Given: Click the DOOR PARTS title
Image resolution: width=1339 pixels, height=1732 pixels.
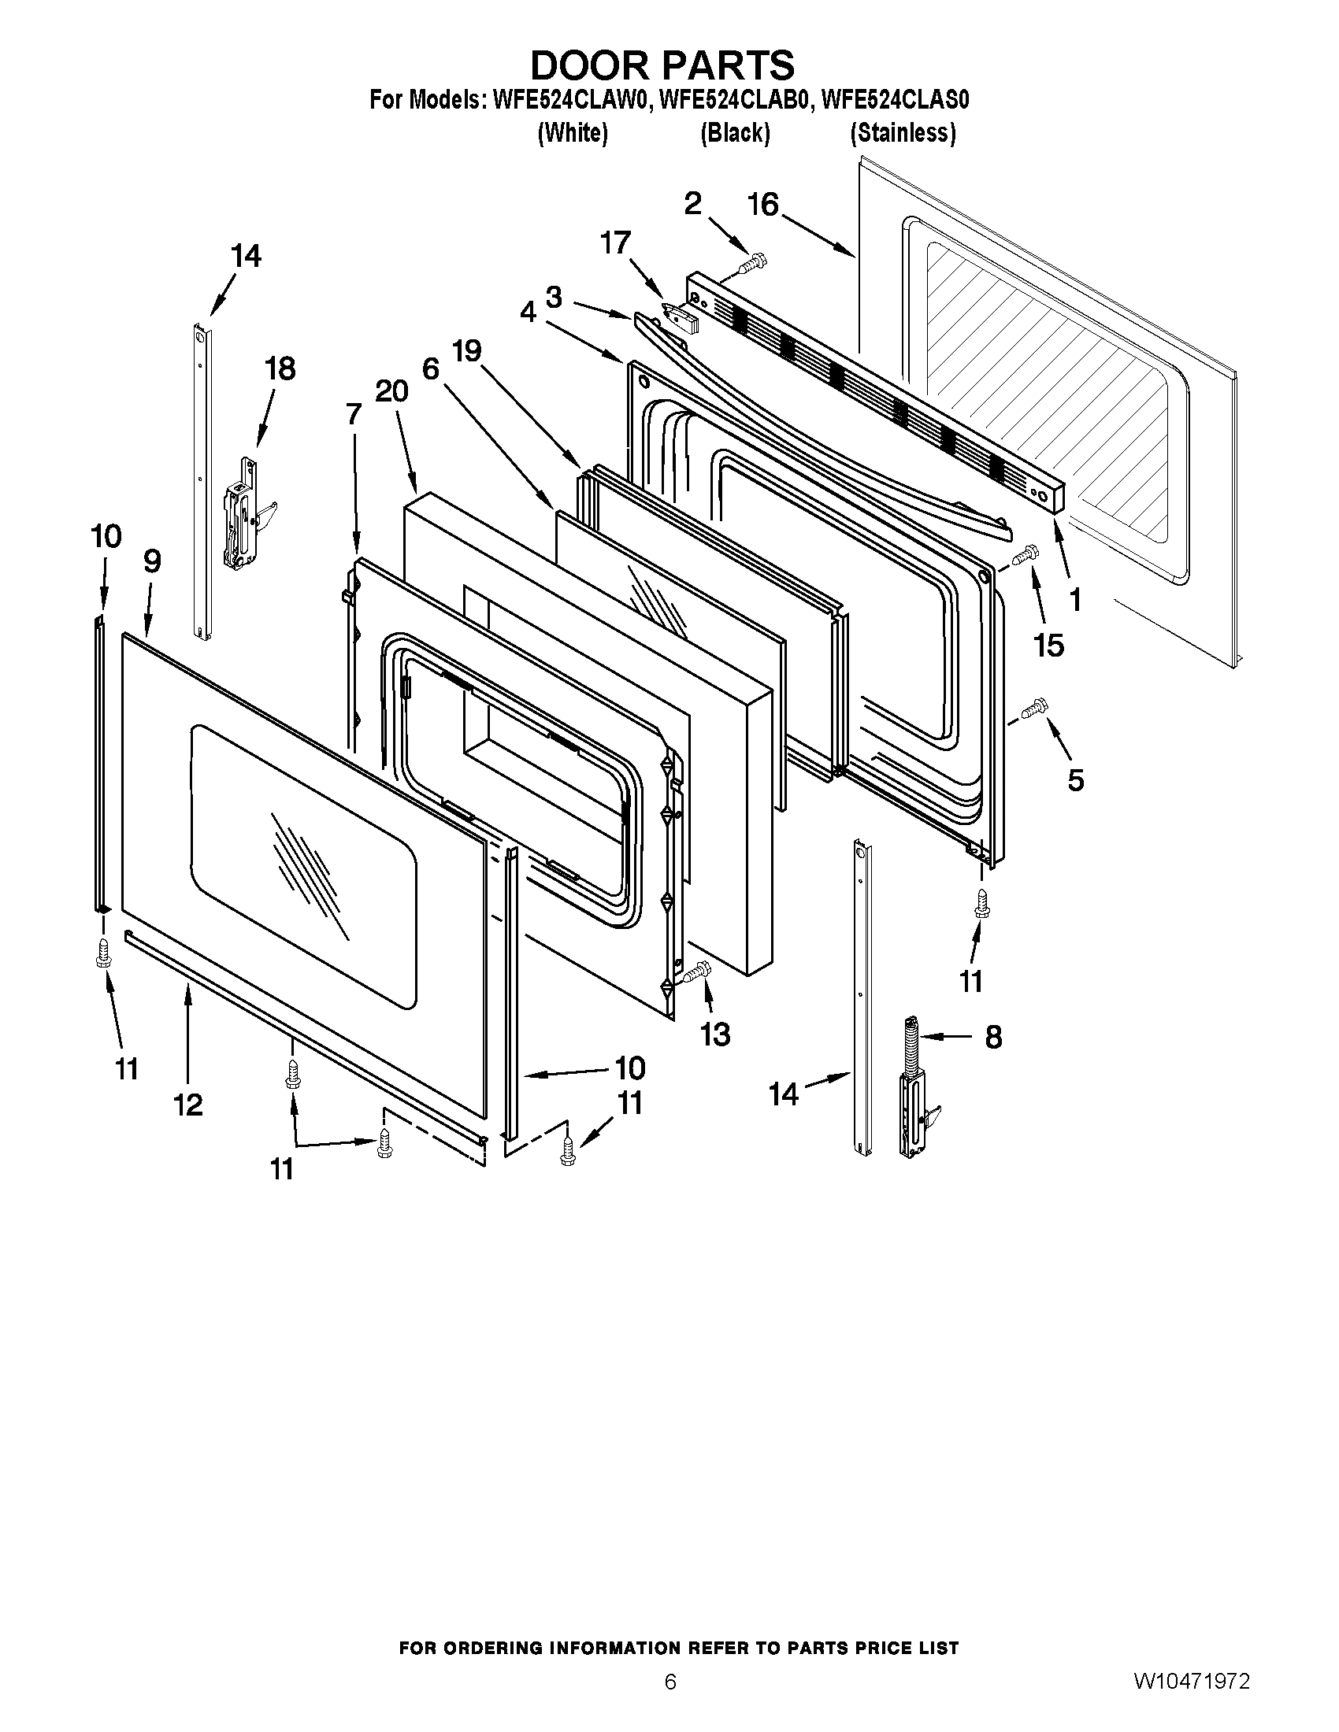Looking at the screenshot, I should (x=662, y=65).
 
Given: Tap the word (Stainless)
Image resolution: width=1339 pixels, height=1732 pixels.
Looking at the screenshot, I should (x=903, y=132).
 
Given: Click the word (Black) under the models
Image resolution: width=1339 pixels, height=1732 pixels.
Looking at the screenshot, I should (x=735, y=132).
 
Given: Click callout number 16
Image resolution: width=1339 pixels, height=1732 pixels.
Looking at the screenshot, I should (x=763, y=205).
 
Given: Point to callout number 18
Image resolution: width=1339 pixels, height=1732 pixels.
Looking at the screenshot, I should (x=280, y=368).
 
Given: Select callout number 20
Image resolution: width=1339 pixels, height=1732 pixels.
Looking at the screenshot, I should (x=391, y=391).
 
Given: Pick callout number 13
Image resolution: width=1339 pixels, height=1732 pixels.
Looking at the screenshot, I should (x=715, y=1034).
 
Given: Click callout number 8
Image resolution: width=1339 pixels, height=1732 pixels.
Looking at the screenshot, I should (x=993, y=1037).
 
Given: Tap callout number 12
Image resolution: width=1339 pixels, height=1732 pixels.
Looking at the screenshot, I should (x=189, y=1105).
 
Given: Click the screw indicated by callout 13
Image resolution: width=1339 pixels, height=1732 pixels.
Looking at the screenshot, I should (x=697, y=971).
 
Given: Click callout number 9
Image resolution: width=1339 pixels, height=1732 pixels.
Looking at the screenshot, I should (x=152, y=561).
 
